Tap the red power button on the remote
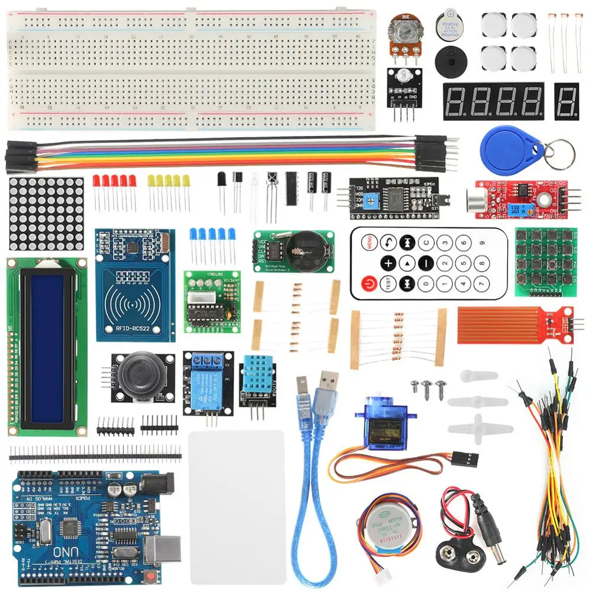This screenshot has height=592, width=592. click(x=369, y=283)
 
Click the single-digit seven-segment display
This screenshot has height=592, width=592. click(x=567, y=101)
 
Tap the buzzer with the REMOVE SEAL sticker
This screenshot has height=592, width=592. click(x=448, y=25)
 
